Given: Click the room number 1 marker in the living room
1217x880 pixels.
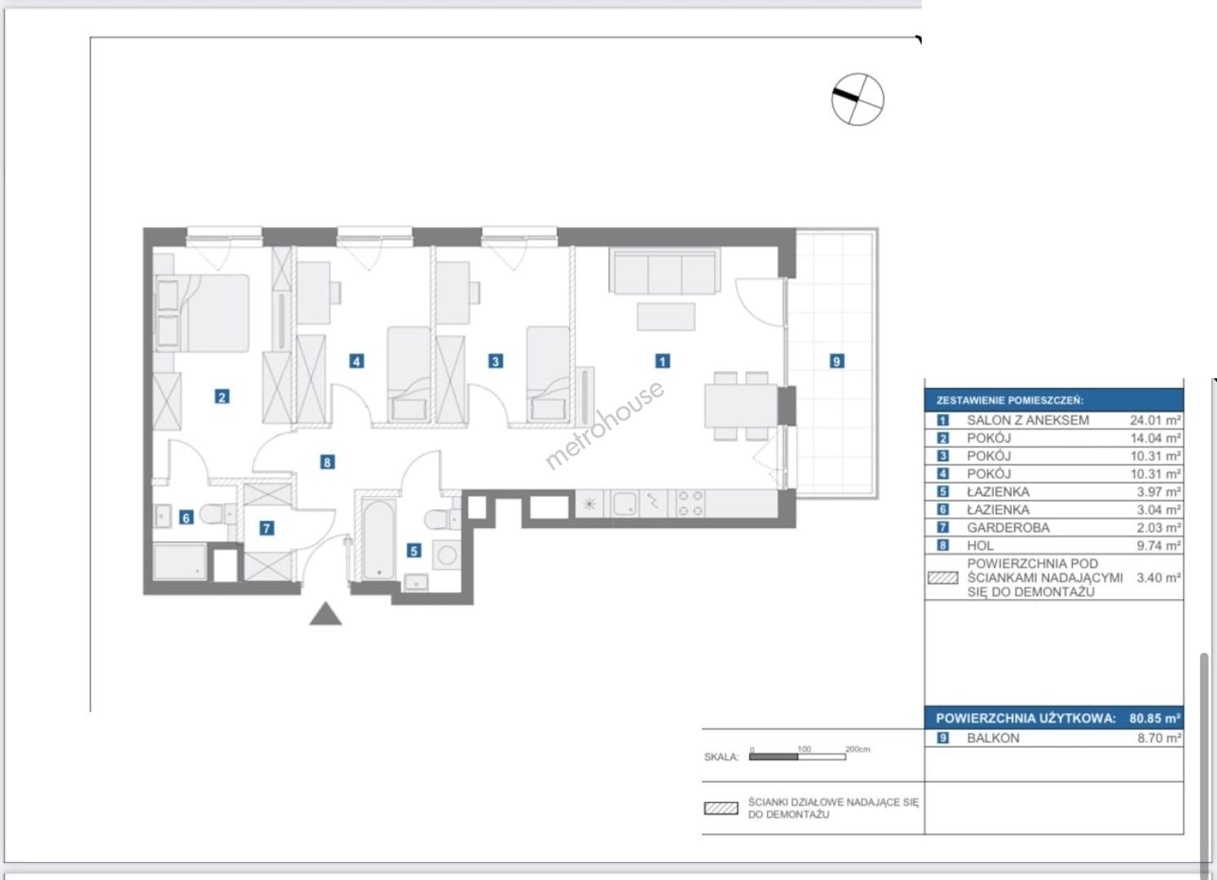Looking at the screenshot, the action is coord(662,361).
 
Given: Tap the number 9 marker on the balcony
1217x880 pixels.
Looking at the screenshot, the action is coord(836,361).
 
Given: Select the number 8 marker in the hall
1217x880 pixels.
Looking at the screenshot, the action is coord(327,462).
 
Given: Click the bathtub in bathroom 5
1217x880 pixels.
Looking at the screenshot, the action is coord(379,539).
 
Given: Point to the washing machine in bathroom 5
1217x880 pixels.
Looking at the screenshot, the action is coord(448,555).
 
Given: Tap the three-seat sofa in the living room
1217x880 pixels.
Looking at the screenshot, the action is coord(665,271).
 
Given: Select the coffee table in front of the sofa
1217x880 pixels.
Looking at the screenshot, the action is coord(665,316).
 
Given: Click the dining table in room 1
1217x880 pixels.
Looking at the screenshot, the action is coord(741,405).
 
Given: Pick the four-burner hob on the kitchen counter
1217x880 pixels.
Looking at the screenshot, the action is coord(690,504).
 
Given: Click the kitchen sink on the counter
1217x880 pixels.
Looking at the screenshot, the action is coord(624,504).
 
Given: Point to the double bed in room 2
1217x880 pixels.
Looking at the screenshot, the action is coord(202,313).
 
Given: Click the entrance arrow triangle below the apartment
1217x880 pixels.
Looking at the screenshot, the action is coord(325,614).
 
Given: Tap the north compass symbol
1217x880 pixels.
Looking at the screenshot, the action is coord(858,99).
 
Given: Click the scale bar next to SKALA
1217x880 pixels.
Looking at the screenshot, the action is coord(797,757).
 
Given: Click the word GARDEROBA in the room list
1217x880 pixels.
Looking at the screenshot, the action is coord(1008,527).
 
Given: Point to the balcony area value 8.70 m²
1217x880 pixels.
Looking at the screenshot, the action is coord(1159,738).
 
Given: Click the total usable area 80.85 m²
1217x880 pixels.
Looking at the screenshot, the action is coord(1154,718).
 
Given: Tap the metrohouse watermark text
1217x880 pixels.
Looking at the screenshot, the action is coord(604,425).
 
